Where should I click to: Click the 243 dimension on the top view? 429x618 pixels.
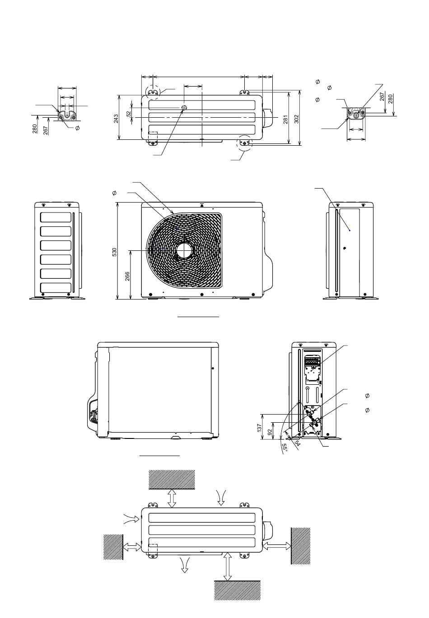[x=116, y=118]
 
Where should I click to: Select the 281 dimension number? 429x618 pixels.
[x=285, y=120]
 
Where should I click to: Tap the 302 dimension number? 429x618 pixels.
[x=297, y=120]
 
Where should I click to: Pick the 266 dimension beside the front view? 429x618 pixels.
[x=127, y=276]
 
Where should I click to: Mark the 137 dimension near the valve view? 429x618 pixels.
[x=260, y=428]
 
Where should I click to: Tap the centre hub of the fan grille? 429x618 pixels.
[x=184, y=251]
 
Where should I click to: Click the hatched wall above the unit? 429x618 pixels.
[x=172, y=479]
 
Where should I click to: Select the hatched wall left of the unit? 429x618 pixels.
[x=113, y=547]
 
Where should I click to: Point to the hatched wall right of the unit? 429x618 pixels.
[x=300, y=546]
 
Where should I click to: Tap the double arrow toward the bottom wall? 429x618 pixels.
[x=228, y=566]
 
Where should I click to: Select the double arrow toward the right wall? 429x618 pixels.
[x=277, y=546]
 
